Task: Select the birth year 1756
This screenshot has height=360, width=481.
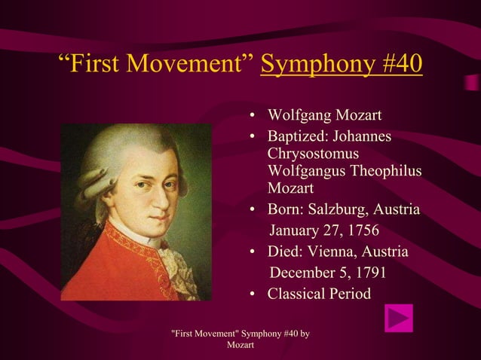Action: (359, 229)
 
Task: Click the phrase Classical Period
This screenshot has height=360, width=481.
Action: (319, 293)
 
